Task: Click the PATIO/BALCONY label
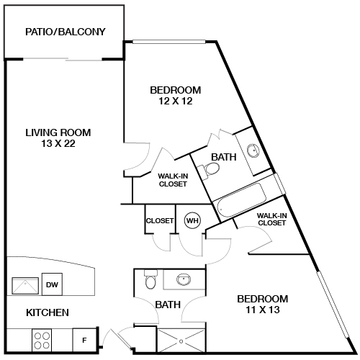(66, 32)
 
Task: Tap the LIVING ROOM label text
(58, 132)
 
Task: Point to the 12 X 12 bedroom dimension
(176, 101)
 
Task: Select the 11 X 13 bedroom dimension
(263, 310)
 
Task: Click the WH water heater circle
(192, 220)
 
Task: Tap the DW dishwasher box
(52, 284)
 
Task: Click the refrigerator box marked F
(84, 341)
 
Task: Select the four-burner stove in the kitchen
(42, 341)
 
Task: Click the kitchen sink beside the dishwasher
(25, 286)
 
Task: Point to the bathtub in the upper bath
(241, 200)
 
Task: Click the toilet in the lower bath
(150, 279)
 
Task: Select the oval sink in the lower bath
(184, 279)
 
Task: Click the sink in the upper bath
(253, 150)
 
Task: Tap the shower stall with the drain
(181, 341)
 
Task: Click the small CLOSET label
(160, 220)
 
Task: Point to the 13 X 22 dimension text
(58, 143)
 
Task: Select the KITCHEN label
(48, 312)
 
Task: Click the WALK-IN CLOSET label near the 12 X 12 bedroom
(173, 180)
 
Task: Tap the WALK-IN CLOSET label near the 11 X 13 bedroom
(271, 220)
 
